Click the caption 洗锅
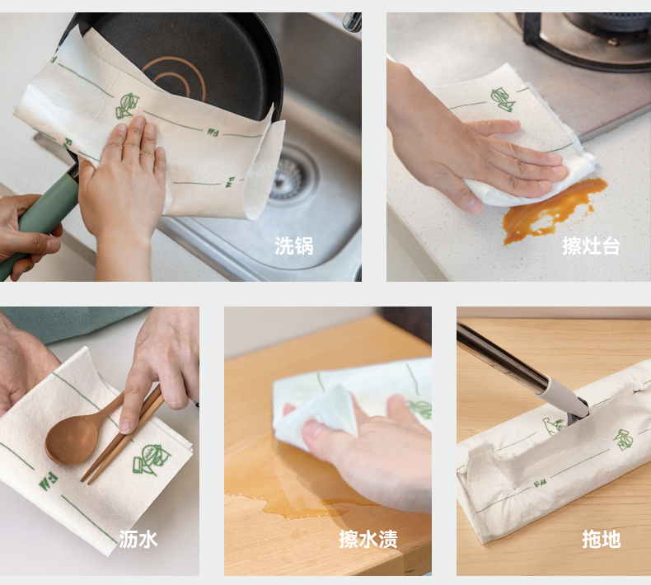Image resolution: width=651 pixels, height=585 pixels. [x=293, y=246]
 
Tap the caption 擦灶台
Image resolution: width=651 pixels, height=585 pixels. [x=591, y=246]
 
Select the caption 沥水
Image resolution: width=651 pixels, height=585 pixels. [x=138, y=539]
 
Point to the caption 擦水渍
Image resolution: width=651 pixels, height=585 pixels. [x=368, y=539]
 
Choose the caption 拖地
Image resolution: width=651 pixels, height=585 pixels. [x=602, y=539]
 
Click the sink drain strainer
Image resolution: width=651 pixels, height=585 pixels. [x=291, y=175]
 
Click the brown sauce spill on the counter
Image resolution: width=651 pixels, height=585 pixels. [x=548, y=212]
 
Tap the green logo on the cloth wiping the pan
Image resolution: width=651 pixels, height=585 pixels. [x=127, y=105]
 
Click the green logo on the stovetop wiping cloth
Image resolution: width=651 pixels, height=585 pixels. [x=503, y=99]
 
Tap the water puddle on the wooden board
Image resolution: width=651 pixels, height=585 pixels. [x=299, y=504]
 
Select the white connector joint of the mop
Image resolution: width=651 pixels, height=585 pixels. [x=564, y=400]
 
